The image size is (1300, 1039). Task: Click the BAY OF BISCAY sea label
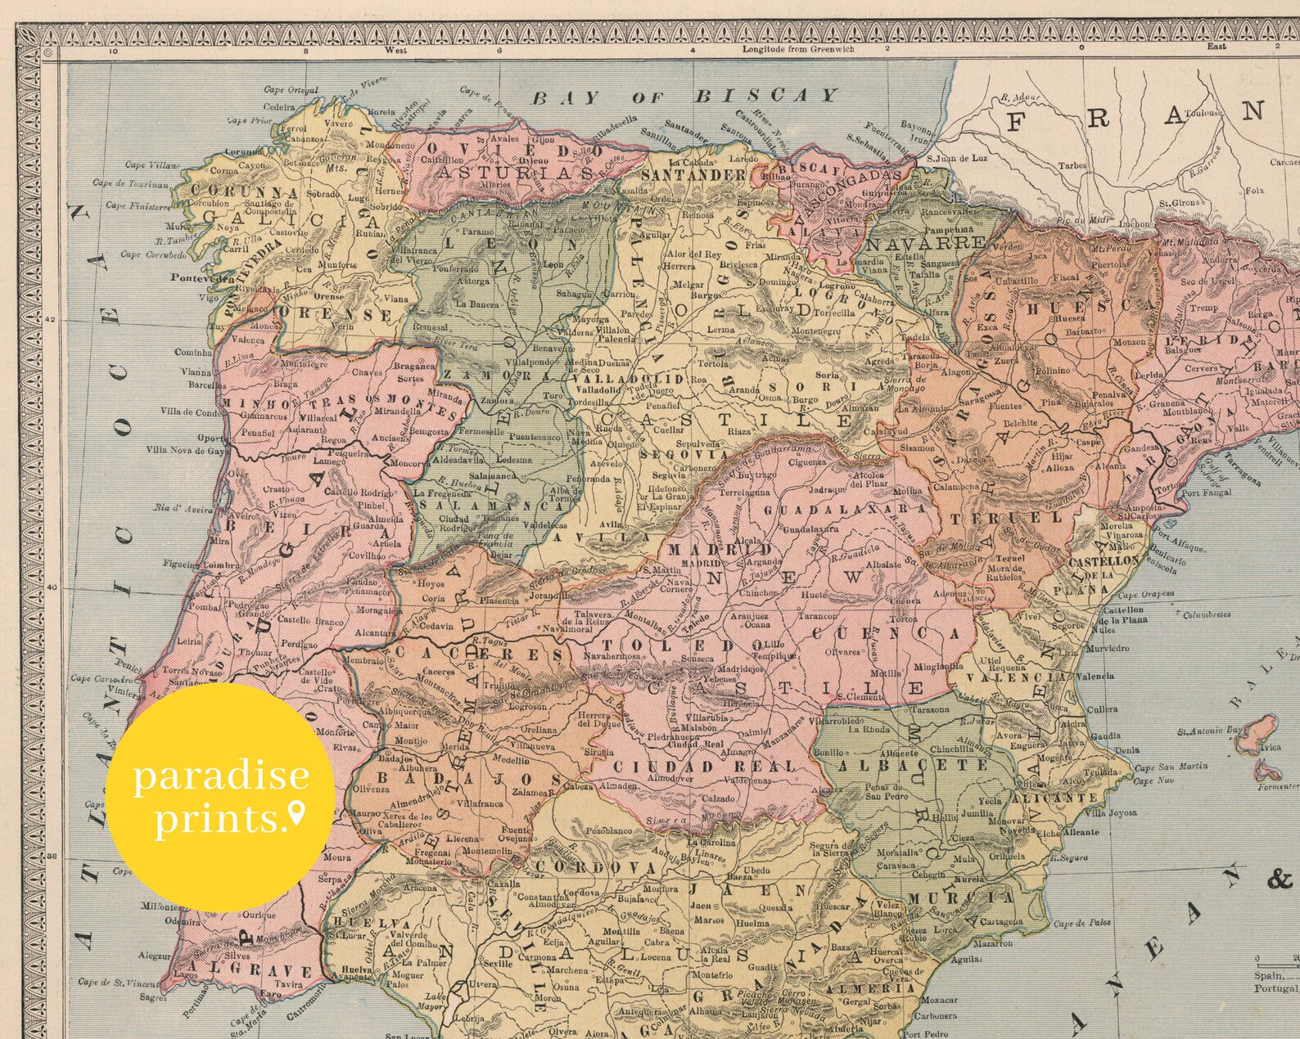(686, 97)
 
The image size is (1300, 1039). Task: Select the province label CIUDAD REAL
(704, 767)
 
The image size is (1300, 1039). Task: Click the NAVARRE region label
(927, 243)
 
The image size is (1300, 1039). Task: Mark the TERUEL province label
(1006, 518)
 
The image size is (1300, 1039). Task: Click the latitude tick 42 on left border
(52, 320)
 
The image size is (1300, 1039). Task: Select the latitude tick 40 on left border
(52, 587)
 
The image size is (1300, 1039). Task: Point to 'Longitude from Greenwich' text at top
(797, 49)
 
